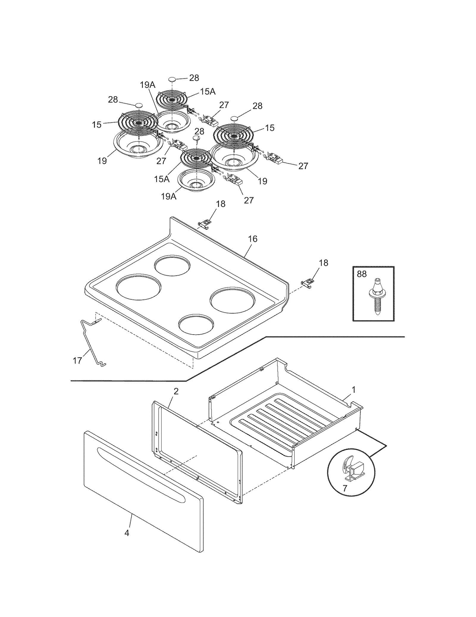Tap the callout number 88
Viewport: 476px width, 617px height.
tap(362, 274)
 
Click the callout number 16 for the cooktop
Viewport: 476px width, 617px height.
tap(253, 239)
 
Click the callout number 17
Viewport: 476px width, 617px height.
tap(77, 361)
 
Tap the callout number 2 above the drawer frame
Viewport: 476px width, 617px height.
tap(176, 391)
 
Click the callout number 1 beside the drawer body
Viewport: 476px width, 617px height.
tap(354, 390)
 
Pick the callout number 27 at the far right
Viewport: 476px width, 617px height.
tap(303, 166)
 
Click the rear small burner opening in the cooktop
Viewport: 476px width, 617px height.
tap(172, 265)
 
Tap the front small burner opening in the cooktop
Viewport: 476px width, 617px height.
tap(196, 325)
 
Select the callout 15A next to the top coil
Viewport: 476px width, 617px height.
tap(208, 92)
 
